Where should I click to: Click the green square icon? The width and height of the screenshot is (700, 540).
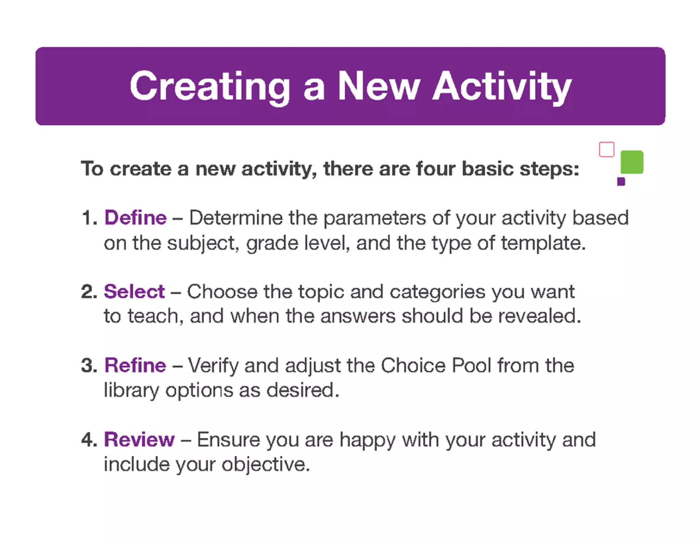click(632, 162)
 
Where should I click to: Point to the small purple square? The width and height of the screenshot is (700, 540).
click(621, 181)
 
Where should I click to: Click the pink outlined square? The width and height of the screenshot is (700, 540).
click(606, 149)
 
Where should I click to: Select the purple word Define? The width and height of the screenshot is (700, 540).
click(136, 218)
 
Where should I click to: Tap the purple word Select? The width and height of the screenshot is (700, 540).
click(134, 292)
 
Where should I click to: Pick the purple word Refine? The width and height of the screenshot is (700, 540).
click(135, 365)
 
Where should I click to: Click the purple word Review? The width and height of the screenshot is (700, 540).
click(139, 439)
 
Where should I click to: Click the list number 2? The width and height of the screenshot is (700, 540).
click(89, 292)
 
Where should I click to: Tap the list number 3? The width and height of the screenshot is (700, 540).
click(89, 366)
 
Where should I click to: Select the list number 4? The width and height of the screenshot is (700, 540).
click(89, 440)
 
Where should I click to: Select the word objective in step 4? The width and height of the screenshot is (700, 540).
click(266, 465)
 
